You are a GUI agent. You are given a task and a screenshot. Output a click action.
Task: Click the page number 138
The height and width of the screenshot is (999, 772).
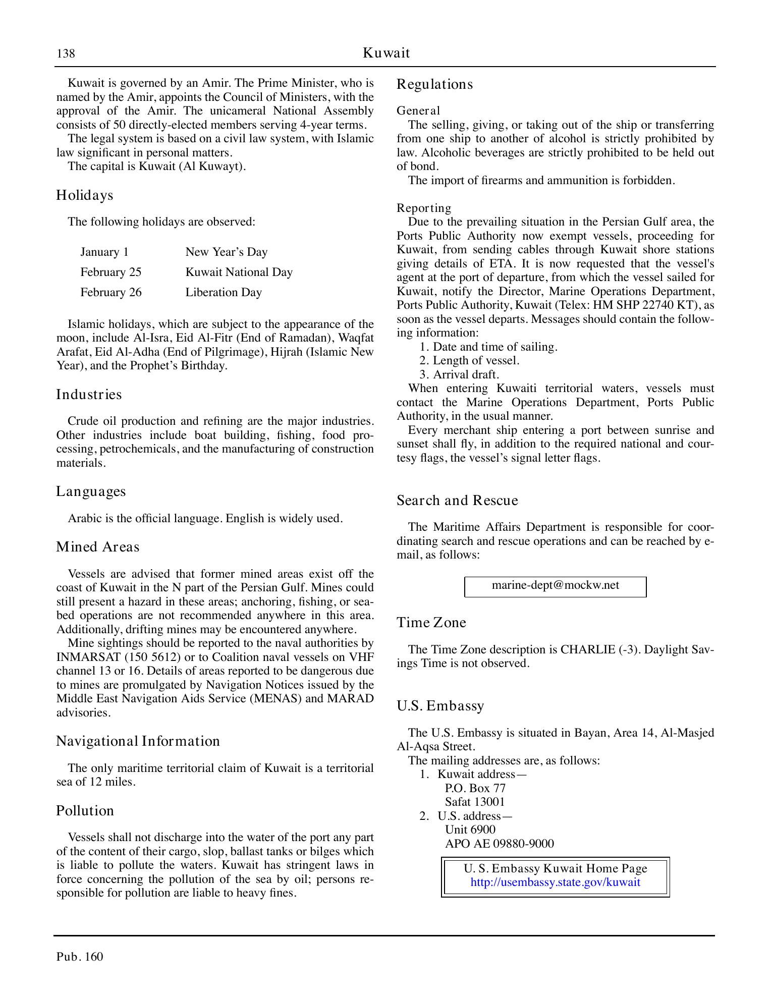66,53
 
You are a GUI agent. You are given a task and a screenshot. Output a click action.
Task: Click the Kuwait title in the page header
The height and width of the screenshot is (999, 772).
386,53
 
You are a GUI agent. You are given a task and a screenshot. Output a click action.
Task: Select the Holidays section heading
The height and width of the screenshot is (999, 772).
84,195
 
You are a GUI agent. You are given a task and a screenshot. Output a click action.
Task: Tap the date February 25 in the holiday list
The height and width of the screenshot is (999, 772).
111,272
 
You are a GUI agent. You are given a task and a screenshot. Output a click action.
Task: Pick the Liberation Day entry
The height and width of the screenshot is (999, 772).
224,293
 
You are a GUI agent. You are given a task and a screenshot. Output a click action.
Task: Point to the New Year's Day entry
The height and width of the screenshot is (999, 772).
227,252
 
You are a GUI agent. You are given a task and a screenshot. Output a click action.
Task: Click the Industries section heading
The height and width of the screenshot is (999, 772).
89,395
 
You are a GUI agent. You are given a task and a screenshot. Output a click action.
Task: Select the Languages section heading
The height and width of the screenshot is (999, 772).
91,491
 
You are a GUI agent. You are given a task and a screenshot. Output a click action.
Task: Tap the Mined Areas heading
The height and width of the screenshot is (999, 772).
97,547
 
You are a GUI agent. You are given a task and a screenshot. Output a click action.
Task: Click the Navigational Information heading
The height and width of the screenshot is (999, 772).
138,741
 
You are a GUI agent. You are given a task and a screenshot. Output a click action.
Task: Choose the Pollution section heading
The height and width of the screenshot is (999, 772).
85,811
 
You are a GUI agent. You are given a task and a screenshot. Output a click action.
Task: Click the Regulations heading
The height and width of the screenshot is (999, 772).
434,84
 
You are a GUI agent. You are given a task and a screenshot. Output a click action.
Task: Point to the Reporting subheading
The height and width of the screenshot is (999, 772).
424,208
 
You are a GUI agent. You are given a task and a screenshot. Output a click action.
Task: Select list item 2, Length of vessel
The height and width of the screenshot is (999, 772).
469,361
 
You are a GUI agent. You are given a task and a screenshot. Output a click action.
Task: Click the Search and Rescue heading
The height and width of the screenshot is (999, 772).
457,501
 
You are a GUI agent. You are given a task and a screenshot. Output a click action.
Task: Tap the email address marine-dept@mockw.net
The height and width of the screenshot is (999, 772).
555,585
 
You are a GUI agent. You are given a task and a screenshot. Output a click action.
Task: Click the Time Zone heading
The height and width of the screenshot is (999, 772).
431,623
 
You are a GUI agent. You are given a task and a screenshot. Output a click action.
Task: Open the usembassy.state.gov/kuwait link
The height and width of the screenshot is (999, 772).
555,882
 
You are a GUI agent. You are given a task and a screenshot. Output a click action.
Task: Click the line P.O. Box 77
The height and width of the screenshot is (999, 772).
475,788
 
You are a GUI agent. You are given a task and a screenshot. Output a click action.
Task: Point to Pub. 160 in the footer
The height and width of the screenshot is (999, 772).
80,957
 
